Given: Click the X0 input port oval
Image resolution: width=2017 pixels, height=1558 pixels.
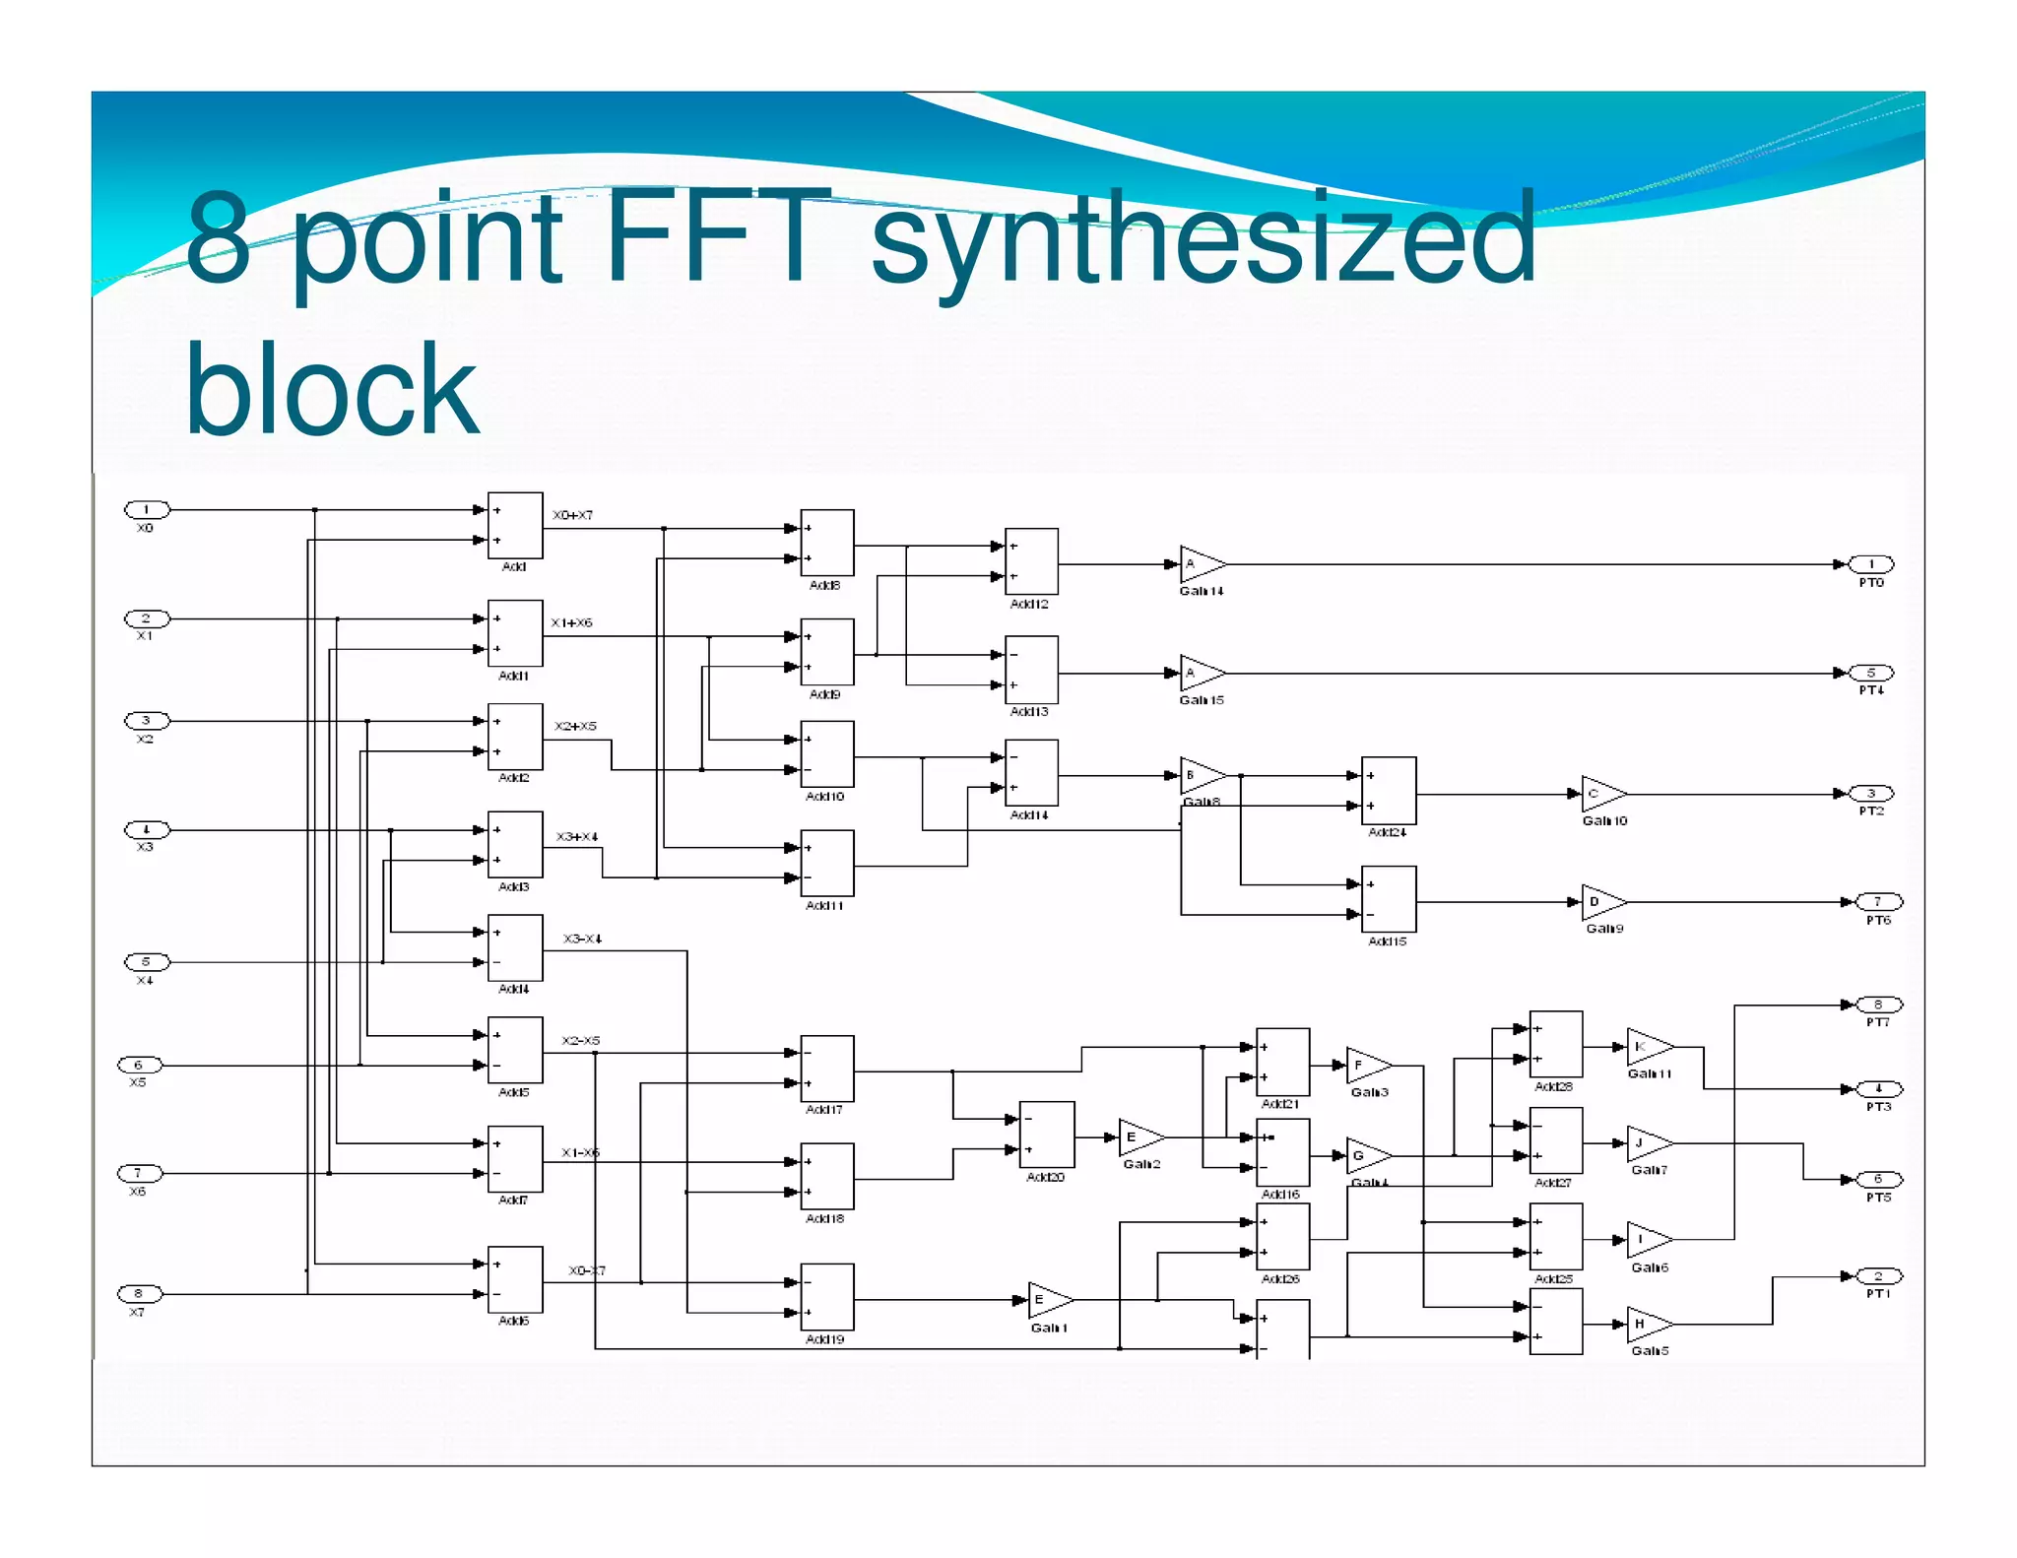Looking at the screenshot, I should pos(147,509).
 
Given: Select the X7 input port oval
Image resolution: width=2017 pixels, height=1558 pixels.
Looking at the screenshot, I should pos(139,1293).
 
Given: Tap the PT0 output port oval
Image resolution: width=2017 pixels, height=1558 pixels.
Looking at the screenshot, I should pos(1871,564).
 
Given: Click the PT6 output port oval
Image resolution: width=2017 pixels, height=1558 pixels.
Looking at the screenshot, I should pos(1878,902).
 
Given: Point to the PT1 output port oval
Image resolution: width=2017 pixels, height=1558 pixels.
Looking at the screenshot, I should pos(1878,1276).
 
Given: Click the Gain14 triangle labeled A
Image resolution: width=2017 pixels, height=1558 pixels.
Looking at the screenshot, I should pos(1200,564).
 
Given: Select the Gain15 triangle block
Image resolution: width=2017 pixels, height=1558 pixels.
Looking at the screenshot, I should pos(1200,674).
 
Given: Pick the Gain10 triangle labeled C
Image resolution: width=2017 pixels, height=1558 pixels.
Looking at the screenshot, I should pos(1601,794).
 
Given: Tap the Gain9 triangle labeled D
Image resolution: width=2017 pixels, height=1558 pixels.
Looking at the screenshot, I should pos(1601,902).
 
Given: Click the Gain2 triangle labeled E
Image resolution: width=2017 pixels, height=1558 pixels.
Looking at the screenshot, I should pos(1139,1137).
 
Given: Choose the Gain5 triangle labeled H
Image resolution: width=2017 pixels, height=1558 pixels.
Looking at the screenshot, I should pos(1648,1325).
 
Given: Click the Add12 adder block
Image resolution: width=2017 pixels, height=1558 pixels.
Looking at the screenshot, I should pos(1031,561).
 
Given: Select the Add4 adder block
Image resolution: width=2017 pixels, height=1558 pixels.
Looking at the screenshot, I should pos(515,947).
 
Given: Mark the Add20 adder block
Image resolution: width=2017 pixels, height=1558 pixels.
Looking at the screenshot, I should pos(1047,1135).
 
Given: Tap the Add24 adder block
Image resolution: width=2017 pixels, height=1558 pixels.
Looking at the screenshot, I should pos(1389,791).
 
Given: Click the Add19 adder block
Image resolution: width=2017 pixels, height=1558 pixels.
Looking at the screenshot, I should pos(827,1297).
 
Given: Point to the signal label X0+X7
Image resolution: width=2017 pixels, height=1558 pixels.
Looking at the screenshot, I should pos(572,515).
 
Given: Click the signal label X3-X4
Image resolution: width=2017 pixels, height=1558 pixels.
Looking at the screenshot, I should pos(582,939).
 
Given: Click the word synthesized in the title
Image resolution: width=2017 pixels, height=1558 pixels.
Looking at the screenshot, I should pos(1203,239).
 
